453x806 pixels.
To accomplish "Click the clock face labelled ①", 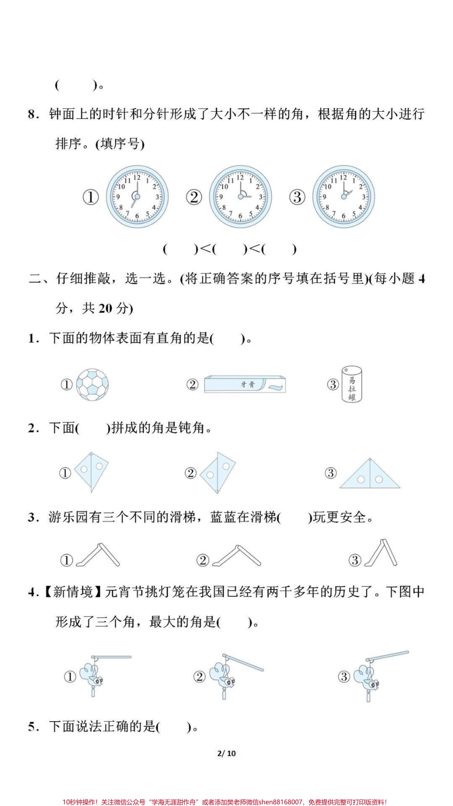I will coord(137,197).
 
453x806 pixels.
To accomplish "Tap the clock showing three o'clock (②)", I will coord(240,197).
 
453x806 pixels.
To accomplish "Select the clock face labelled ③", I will coord(343,197).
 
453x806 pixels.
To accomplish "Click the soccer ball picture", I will coord(93,384).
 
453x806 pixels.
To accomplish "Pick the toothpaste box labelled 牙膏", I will coord(245,384).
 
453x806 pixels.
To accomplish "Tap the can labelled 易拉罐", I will coord(352,384).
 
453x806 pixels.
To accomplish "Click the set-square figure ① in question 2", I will coord(93,472).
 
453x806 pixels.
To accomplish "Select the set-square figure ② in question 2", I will coord(217,472).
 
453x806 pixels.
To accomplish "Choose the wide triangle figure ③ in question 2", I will coord(370,475).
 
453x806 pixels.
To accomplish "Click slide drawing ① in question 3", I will coord(98,555).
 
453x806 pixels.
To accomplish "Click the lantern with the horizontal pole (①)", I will coord(100,675).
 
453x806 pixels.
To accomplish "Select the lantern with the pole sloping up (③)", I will coord(377,675).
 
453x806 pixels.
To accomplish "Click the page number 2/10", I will coord(226,754).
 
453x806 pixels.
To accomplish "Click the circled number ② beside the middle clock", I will coord(194,197).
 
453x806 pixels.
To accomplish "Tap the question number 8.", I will coord(32,115).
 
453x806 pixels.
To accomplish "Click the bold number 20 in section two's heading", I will coord(105,309).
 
